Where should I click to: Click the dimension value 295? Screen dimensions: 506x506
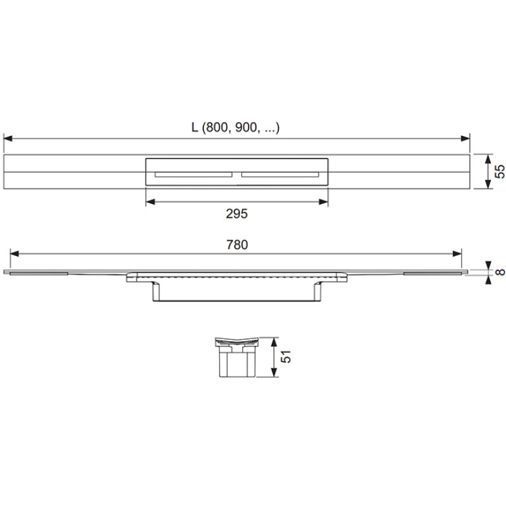tap(237, 214)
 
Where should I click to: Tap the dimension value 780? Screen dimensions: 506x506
tap(237, 245)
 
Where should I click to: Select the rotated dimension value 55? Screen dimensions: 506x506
tap(499, 172)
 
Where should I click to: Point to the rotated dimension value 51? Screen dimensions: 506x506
tap(286, 357)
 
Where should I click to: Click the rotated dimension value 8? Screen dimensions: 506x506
tap(500, 272)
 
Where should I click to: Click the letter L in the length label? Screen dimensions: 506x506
tap(195, 128)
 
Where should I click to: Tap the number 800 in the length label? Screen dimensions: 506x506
tap(217, 128)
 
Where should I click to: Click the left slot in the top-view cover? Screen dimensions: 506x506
tap(193, 175)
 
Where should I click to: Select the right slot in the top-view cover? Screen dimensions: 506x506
tap(280, 175)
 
